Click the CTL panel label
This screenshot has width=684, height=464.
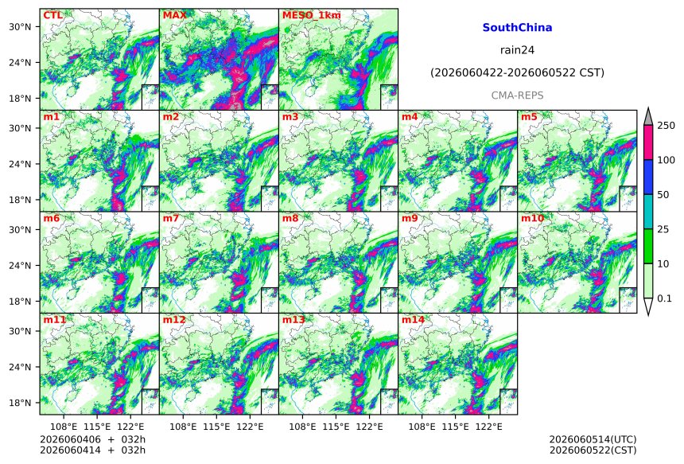[x=52, y=15]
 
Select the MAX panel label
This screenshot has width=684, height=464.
[x=174, y=15]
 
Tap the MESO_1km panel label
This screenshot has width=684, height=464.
[x=312, y=15]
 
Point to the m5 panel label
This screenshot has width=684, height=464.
[x=529, y=117]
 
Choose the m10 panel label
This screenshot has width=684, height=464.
[x=532, y=218]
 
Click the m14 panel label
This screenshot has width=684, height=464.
[x=413, y=320]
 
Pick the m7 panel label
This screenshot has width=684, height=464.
[x=171, y=218]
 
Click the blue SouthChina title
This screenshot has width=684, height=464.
[x=517, y=28]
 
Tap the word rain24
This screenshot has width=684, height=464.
[x=517, y=50]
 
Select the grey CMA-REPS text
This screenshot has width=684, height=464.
[x=517, y=96]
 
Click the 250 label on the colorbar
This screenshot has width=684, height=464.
[x=667, y=126]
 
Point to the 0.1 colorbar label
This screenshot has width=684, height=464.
[x=664, y=298]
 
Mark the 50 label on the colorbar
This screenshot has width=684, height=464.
[x=663, y=195]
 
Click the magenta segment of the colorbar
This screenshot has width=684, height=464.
[x=649, y=142]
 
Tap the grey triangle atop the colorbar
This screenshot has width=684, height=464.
[x=649, y=117]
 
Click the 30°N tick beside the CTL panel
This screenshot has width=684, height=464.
[x=20, y=27]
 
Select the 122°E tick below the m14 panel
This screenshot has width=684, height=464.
[x=488, y=427]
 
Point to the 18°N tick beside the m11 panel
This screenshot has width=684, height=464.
[x=20, y=403]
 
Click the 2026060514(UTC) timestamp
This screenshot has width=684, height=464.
[x=593, y=439]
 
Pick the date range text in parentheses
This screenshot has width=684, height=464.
[x=517, y=73]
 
